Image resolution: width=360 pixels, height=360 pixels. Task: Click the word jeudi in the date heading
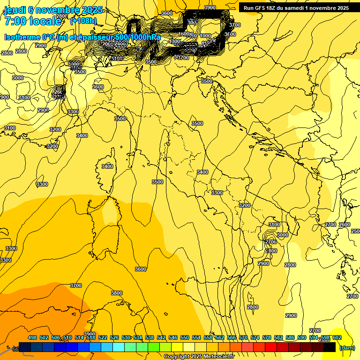[x=17, y=10]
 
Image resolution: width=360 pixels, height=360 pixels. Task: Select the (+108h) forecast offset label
[x=83, y=21]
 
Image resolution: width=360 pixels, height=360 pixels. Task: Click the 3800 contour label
[x=116, y=293]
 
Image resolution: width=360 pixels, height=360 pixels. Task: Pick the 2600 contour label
[x=345, y=225]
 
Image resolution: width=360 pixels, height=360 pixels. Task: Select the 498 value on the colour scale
[x=32, y=338]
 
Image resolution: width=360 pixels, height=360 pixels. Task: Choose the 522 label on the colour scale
[x=103, y=338]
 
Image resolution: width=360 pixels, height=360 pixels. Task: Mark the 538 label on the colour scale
[x=150, y=338]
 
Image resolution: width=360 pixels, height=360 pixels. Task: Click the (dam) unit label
[x=346, y=347]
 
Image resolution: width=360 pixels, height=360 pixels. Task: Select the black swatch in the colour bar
[x=330, y=347]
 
